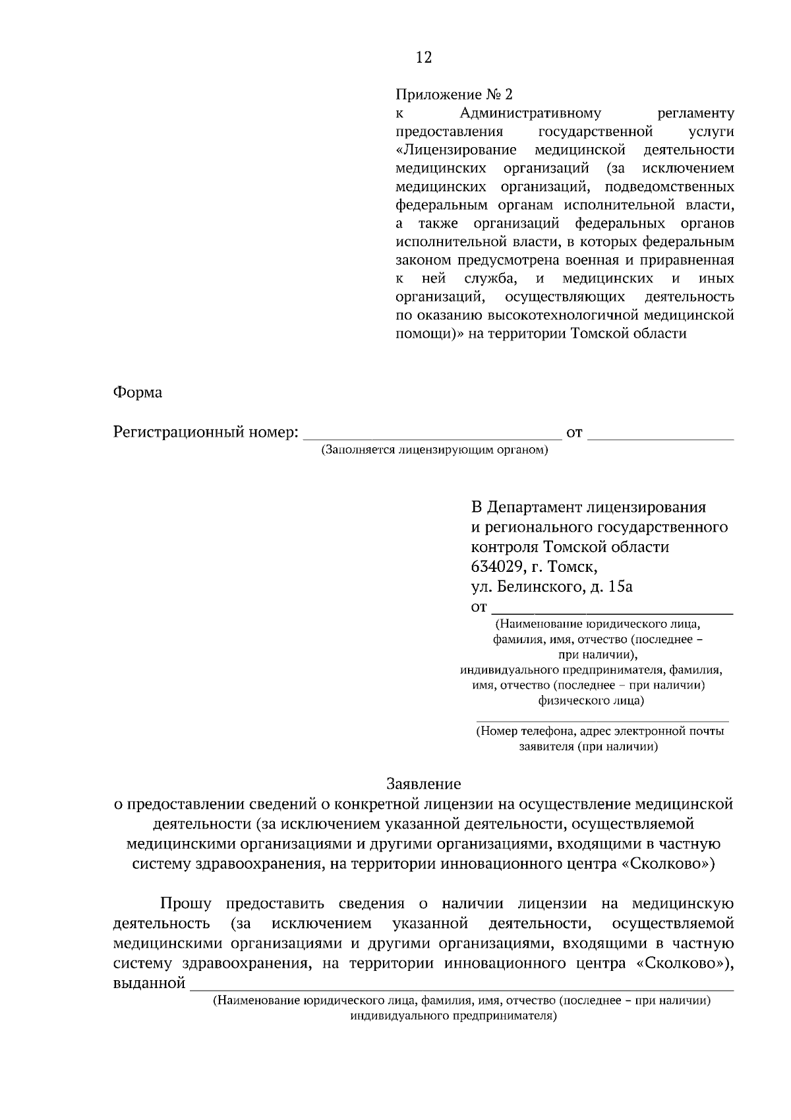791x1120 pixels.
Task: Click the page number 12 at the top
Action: [x=424, y=58]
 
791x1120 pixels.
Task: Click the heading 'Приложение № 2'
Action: [x=454, y=94]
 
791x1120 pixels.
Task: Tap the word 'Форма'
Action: [x=138, y=392]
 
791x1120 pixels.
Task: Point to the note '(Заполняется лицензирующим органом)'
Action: [x=435, y=450]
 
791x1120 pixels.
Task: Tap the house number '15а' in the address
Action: [x=620, y=586]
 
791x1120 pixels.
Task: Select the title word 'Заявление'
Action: [x=423, y=784]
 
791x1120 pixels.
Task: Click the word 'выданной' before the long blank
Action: [x=149, y=983]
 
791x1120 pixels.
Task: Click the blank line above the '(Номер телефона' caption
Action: [x=602, y=720]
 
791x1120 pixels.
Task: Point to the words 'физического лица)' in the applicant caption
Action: [x=591, y=700]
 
